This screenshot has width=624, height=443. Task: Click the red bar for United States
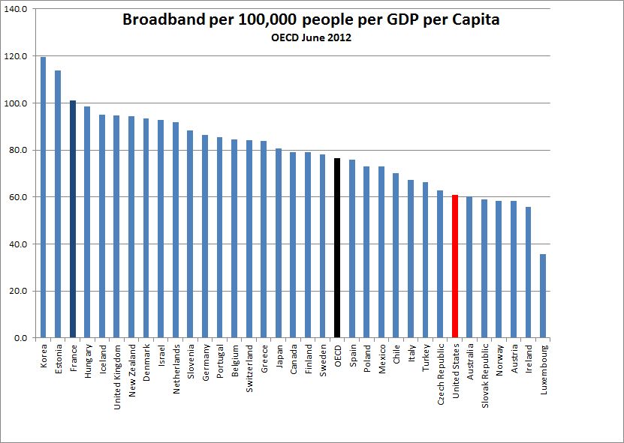[455, 266]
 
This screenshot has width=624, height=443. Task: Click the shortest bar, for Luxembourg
[543, 295]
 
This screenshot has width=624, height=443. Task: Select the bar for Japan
[278, 243]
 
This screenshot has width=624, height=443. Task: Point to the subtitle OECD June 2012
[311, 37]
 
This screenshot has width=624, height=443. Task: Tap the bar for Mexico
[381, 252]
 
